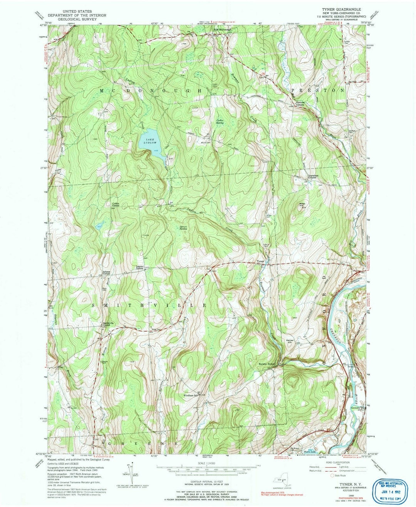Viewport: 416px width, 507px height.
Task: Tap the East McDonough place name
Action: pos(223,29)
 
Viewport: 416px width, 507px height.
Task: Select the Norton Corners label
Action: pos(300,104)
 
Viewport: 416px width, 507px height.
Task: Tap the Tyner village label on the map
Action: pos(261,261)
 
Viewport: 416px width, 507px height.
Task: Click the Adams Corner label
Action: pos(107,273)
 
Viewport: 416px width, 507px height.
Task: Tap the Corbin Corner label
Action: pos(116,205)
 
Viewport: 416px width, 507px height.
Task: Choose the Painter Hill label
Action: pos(290,341)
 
